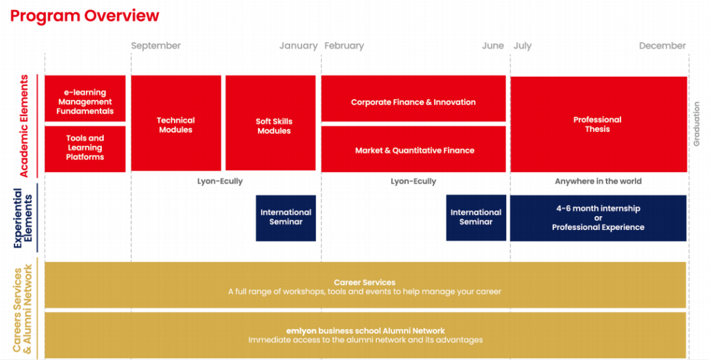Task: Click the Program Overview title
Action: pos(85,16)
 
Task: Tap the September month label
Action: pos(156,46)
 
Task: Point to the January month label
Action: pos(299,46)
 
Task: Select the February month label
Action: pos(344,46)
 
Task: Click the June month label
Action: pos(493,46)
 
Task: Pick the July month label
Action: pos(523,46)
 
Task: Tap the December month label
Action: pos(662,46)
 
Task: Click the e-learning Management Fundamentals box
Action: pos(85,99)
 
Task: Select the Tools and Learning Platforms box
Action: pos(85,148)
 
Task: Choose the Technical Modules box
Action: pos(176,123)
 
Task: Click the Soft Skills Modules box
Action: pos(270,123)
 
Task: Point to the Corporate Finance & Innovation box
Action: pos(414,99)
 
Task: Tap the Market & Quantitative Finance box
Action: pos(414,148)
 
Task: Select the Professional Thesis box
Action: pos(599,124)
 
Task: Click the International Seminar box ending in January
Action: pos(286,218)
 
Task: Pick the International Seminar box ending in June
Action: pos(476,217)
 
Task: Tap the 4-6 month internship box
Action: pos(598,218)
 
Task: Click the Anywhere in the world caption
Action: pos(598,181)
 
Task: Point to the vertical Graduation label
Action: pos(697,124)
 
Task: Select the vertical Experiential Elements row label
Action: pos(23,218)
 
